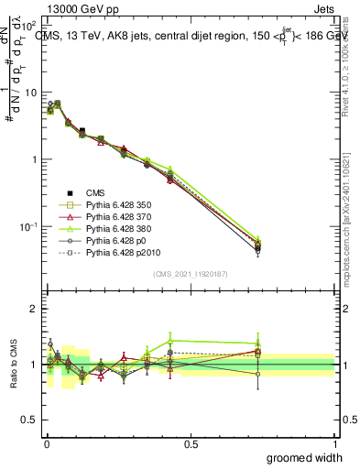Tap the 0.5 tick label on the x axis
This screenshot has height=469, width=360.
click(191, 442)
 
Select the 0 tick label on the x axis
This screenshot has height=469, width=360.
click(46, 442)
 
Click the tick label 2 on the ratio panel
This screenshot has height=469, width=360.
click(33, 309)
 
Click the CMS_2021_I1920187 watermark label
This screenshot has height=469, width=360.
click(190, 274)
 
